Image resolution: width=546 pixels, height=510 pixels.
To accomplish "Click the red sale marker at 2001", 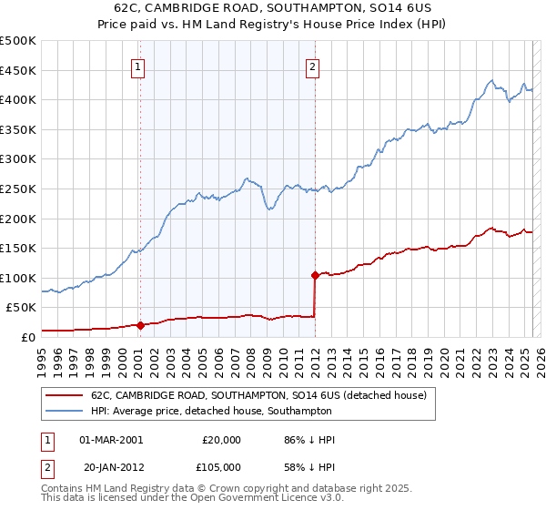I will [x=140, y=325].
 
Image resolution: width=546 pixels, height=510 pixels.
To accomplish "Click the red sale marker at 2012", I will [x=315, y=274].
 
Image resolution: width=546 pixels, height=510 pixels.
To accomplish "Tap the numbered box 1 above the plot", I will [x=137, y=66].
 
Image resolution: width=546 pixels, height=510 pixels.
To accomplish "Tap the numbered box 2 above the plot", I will [x=312, y=66].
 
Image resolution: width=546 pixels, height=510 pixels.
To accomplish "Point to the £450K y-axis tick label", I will [x=18, y=70].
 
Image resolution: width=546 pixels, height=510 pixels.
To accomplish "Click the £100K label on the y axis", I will [x=18, y=278].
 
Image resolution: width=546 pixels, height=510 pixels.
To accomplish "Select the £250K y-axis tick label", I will [x=18, y=189].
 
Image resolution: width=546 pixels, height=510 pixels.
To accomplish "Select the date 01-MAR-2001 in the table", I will [x=111, y=440].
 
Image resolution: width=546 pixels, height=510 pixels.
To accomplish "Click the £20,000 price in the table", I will [x=218, y=440].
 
